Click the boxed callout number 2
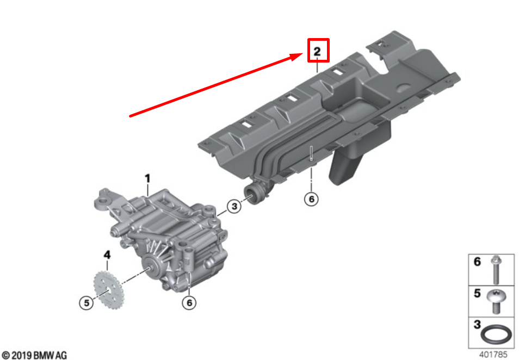pos(317,51)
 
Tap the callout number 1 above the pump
pos(147,179)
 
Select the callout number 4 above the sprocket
pos(107,255)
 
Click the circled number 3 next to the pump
pos(234,206)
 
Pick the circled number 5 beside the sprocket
pos(86,303)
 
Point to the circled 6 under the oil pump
pos(189,303)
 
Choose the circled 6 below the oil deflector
pos(311,199)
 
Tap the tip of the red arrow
pos(303,54)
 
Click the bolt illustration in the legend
pos(496,270)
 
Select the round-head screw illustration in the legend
pos(496,301)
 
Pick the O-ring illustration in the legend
pos(496,334)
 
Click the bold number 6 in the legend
pos(477,262)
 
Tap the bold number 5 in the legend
pos(477,293)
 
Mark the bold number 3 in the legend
pos(477,325)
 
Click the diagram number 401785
pos(493,355)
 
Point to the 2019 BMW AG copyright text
pos(34,355)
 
